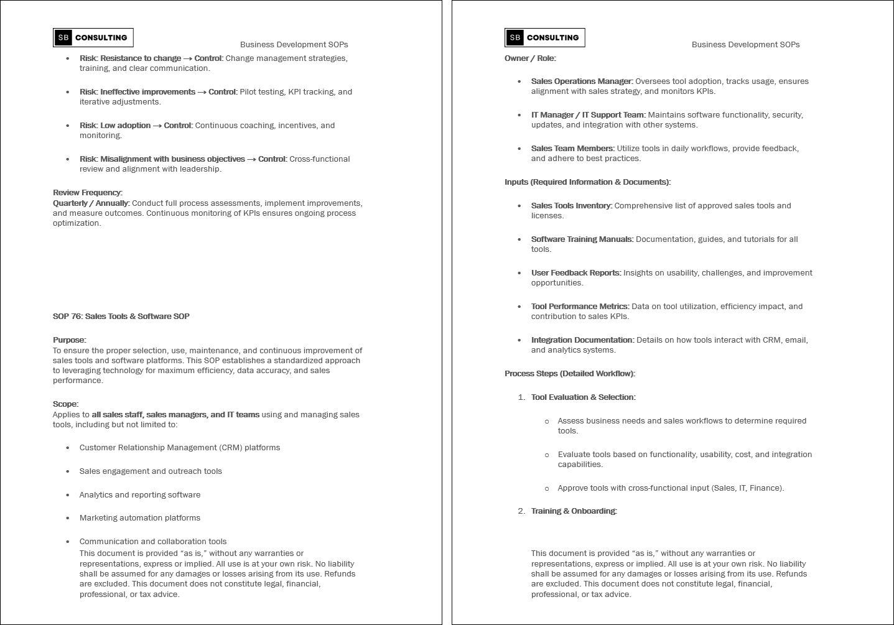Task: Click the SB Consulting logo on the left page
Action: [x=93, y=37]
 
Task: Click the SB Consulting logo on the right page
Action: [x=545, y=37]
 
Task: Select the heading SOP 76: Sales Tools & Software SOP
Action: [x=121, y=316]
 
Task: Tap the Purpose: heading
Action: [x=70, y=340]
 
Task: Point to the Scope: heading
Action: [x=66, y=404]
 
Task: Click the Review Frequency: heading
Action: [x=88, y=192]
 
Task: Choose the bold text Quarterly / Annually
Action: [x=91, y=203]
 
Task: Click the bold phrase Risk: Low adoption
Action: [x=115, y=125]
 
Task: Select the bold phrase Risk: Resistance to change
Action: [x=130, y=58]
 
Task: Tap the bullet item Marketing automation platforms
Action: [x=140, y=517]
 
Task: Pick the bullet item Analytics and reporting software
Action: [x=140, y=494]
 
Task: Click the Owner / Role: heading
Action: [x=530, y=58]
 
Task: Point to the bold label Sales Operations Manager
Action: [x=581, y=81]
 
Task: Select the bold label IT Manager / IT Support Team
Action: [x=588, y=114]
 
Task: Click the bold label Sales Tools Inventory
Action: [x=571, y=205]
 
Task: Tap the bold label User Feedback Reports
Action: [x=575, y=272]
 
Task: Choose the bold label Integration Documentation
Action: [x=582, y=340]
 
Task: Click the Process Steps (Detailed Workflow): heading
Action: [x=570, y=373]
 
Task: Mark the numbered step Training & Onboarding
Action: [x=574, y=511]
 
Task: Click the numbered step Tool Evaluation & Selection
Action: [x=583, y=397]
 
